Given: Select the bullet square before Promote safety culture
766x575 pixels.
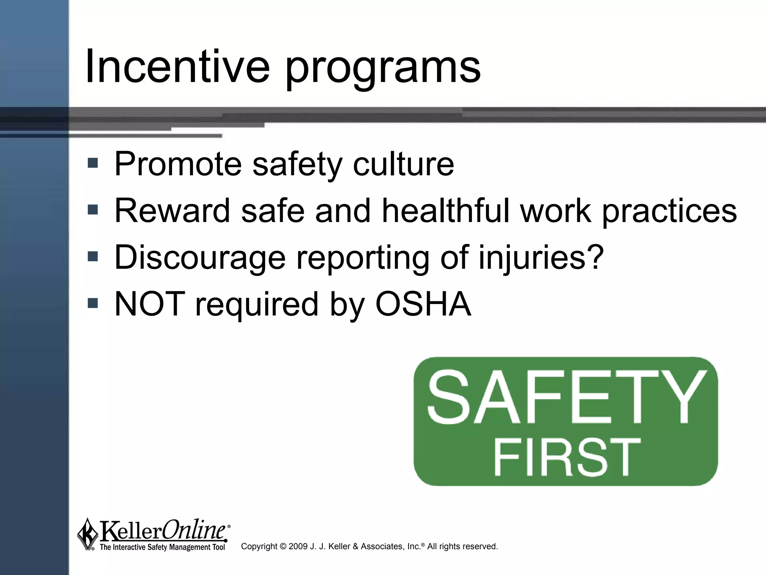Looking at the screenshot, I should click(x=92, y=163).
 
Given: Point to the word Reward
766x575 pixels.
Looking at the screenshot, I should click(x=172, y=211).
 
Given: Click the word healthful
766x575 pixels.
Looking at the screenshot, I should click(x=445, y=211).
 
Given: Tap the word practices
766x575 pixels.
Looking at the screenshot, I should click(x=669, y=212).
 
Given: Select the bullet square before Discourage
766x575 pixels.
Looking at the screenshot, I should click(x=92, y=257).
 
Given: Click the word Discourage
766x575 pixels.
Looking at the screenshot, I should click(x=200, y=258).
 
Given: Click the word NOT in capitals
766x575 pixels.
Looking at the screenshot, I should click(x=149, y=304).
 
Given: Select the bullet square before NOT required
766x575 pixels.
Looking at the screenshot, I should click(x=92, y=303).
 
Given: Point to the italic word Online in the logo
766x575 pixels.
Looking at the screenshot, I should click(x=194, y=530).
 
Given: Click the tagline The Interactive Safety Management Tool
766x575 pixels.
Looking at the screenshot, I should click(x=162, y=547).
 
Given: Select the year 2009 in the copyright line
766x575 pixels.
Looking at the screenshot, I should click(x=298, y=547).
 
